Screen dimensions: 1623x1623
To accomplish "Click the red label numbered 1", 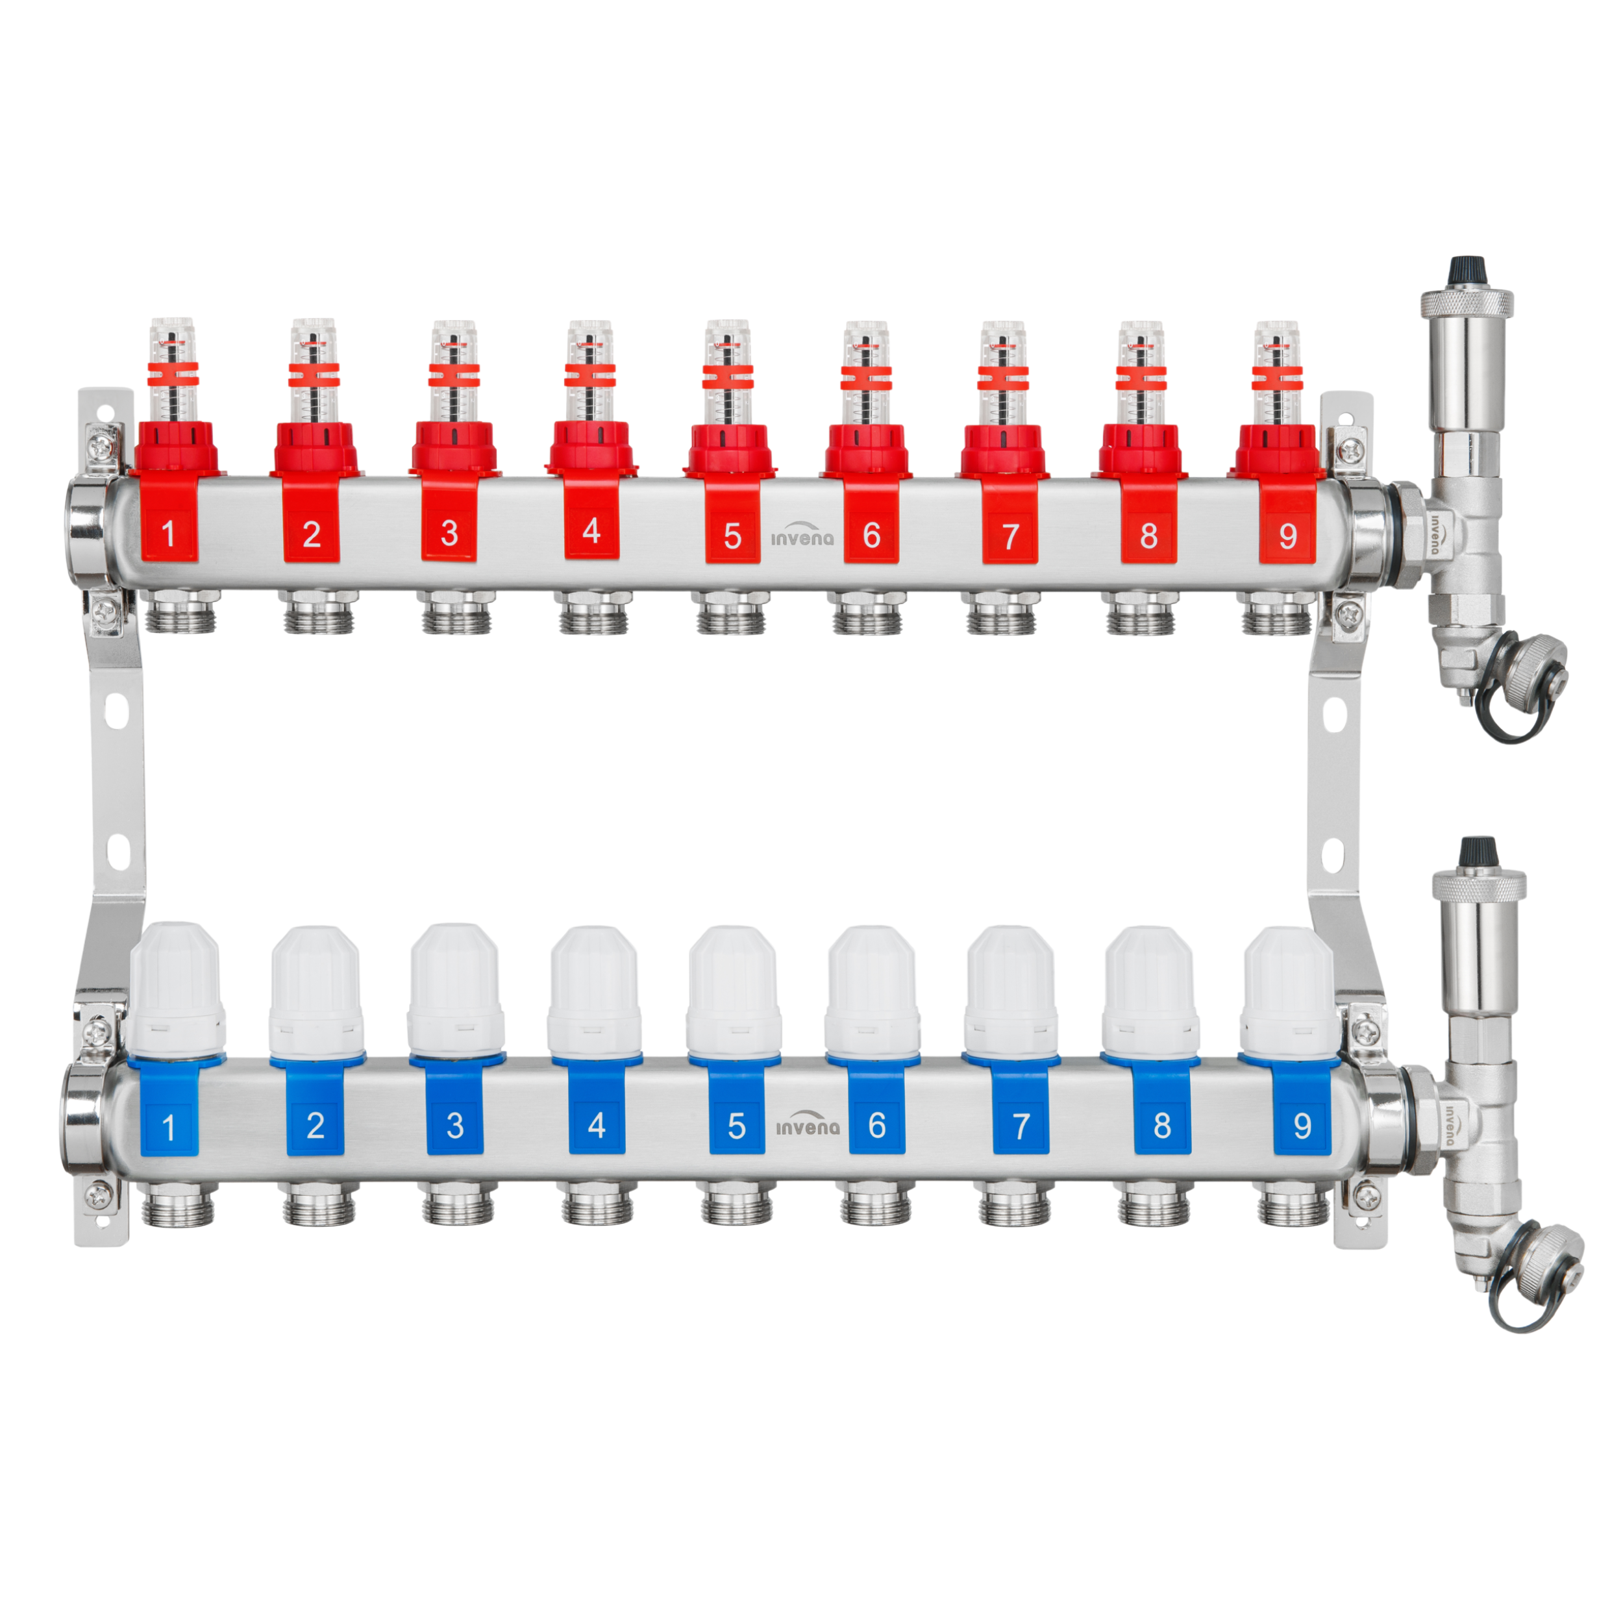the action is (169, 521).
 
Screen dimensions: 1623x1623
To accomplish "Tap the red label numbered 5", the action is (732, 523).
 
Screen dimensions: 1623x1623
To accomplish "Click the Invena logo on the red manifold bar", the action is (802, 535).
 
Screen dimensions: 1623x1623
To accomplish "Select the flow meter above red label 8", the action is (1141, 372).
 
